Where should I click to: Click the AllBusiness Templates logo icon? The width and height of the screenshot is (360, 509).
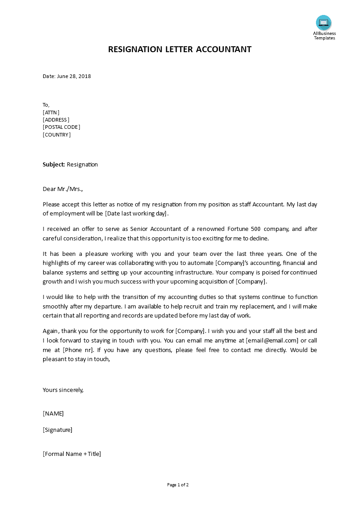pyautogui.click(x=324, y=22)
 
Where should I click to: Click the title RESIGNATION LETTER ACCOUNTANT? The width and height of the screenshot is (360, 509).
pyautogui.click(x=180, y=49)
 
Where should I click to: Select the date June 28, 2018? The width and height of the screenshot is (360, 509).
pyautogui.click(x=74, y=76)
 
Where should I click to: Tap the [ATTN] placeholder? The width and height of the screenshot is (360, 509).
pyautogui.click(x=51, y=113)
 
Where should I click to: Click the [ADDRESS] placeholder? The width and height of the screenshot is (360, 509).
pyautogui.click(x=56, y=120)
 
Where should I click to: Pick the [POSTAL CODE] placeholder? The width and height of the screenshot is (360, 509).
pyautogui.click(x=61, y=127)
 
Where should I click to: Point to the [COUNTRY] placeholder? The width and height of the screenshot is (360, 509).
pyautogui.click(x=57, y=135)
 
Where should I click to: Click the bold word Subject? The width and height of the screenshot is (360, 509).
pyautogui.click(x=54, y=164)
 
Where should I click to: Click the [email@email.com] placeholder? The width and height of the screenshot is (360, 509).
pyautogui.click(x=272, y=340)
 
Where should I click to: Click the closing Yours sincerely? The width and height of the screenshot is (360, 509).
pyautogui.click(x=63, y=390)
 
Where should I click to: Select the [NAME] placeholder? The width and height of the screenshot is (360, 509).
pyautogui.click(x=53, y=413)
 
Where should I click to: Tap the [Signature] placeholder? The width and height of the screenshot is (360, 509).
pyautogui.click(x=57, y=430)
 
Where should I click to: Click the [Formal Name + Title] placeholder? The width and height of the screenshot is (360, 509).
pyautogui.click(x=72, y=454)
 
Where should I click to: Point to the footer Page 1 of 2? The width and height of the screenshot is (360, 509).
pyautogui.click(x=178, y=485)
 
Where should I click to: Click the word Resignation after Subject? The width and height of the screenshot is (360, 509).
pyautogui.click(x=82, y=164)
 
